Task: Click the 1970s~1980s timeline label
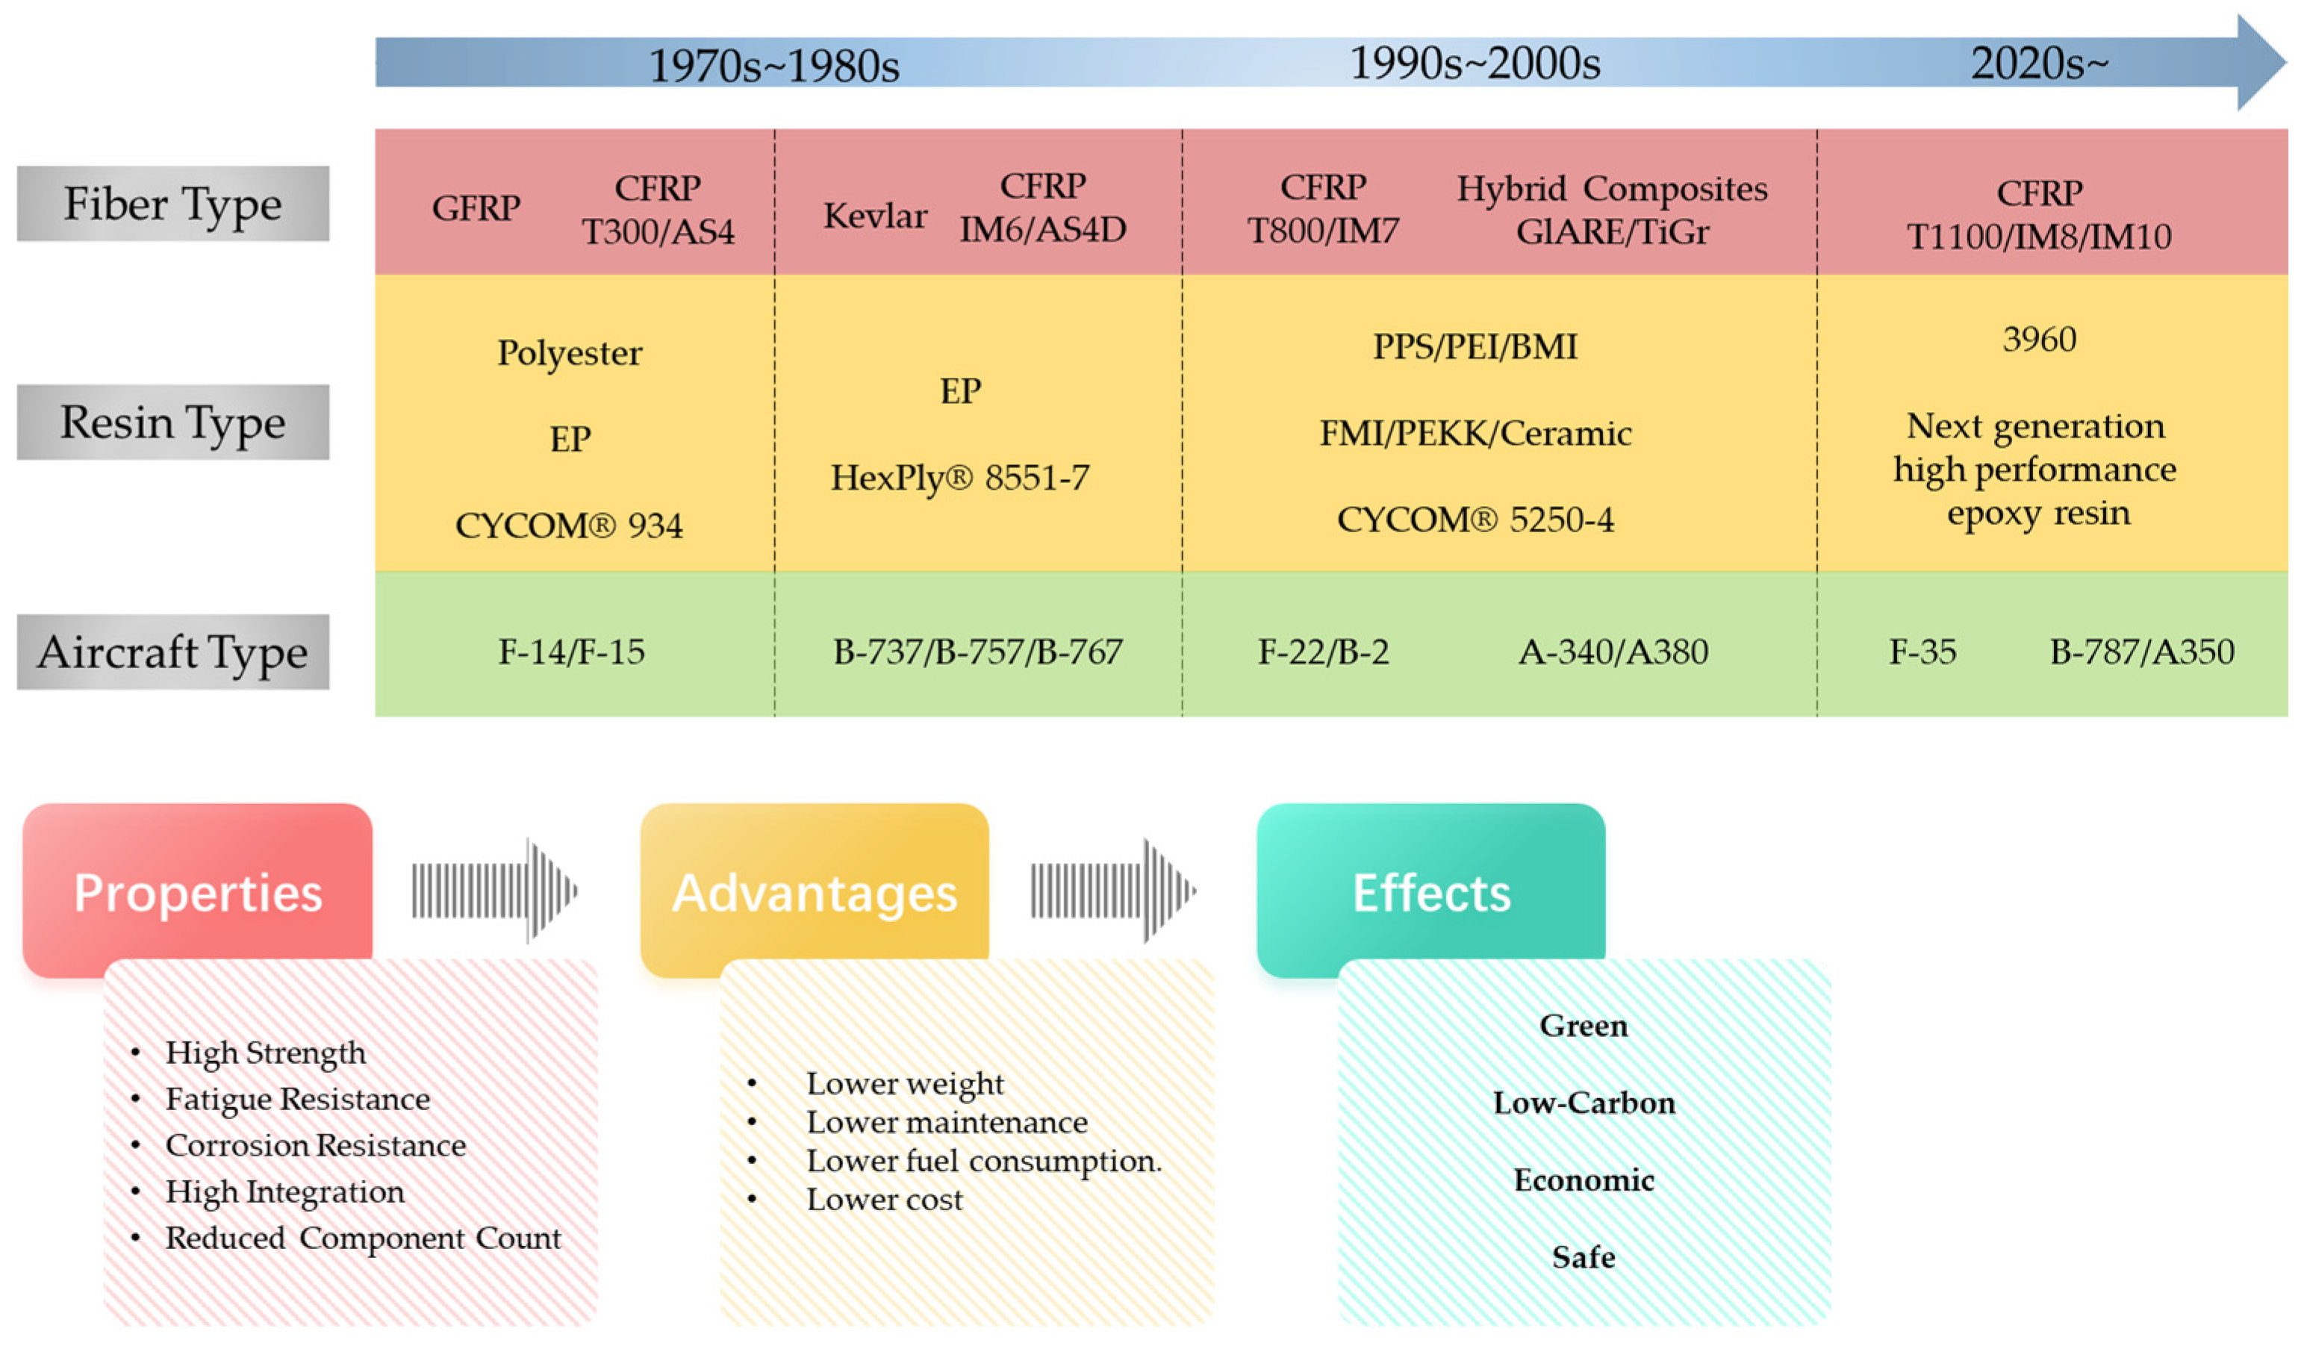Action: [x=773, y=65]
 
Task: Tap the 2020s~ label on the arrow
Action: [x=2038, y=63]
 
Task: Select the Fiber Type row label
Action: [x=172, y=204]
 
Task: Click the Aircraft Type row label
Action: [x=172, y=652]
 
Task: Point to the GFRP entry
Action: [x=476, y=208]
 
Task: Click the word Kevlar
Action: [x=875, y=216]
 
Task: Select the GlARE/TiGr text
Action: [x=1612, y=232]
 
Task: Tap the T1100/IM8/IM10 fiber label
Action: [x=2038, y=237]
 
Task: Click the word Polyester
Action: [x=570, y=353]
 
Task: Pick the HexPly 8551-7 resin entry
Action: [x=960, y=477]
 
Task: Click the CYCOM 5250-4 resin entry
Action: [x=1475, y=520]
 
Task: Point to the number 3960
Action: [x=2039, y=339]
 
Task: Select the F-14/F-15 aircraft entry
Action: [x=571, y=652]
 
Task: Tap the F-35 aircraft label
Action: [x=1922, y=652]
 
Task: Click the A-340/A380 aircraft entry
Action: [x=1613, y=652]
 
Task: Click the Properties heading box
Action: [x=198, y=891]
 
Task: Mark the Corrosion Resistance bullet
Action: [x=315, y=1146]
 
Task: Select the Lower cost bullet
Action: [x=884, y=1200]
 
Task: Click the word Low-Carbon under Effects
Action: [x=1584, y=1103]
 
